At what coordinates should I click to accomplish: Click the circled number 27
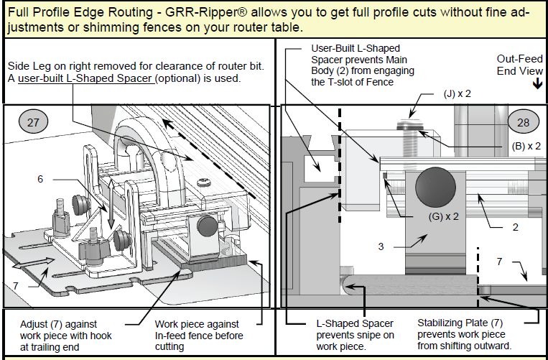click(33, 122)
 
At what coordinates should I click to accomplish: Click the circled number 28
click(523, 122)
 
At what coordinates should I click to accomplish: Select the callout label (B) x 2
click(526, 145)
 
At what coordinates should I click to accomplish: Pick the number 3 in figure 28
click(381, 246)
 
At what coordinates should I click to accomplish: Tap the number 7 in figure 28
click(499, 262)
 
